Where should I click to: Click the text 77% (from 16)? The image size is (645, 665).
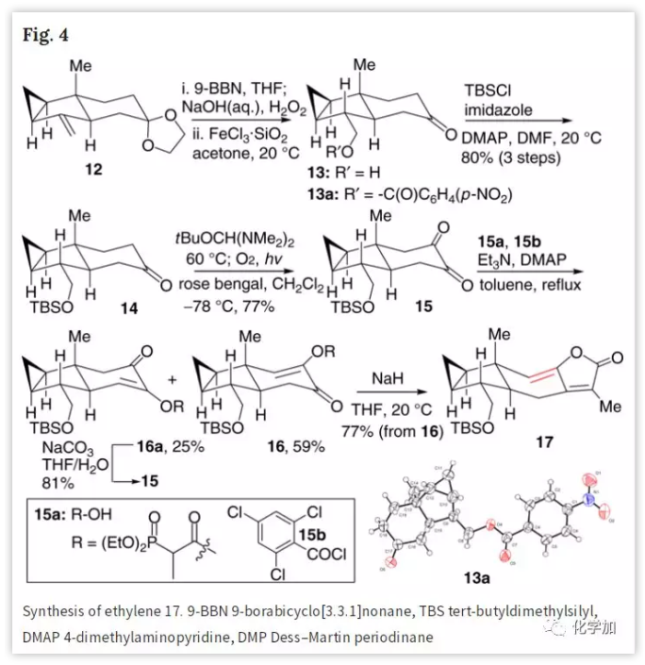(383, 426)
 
